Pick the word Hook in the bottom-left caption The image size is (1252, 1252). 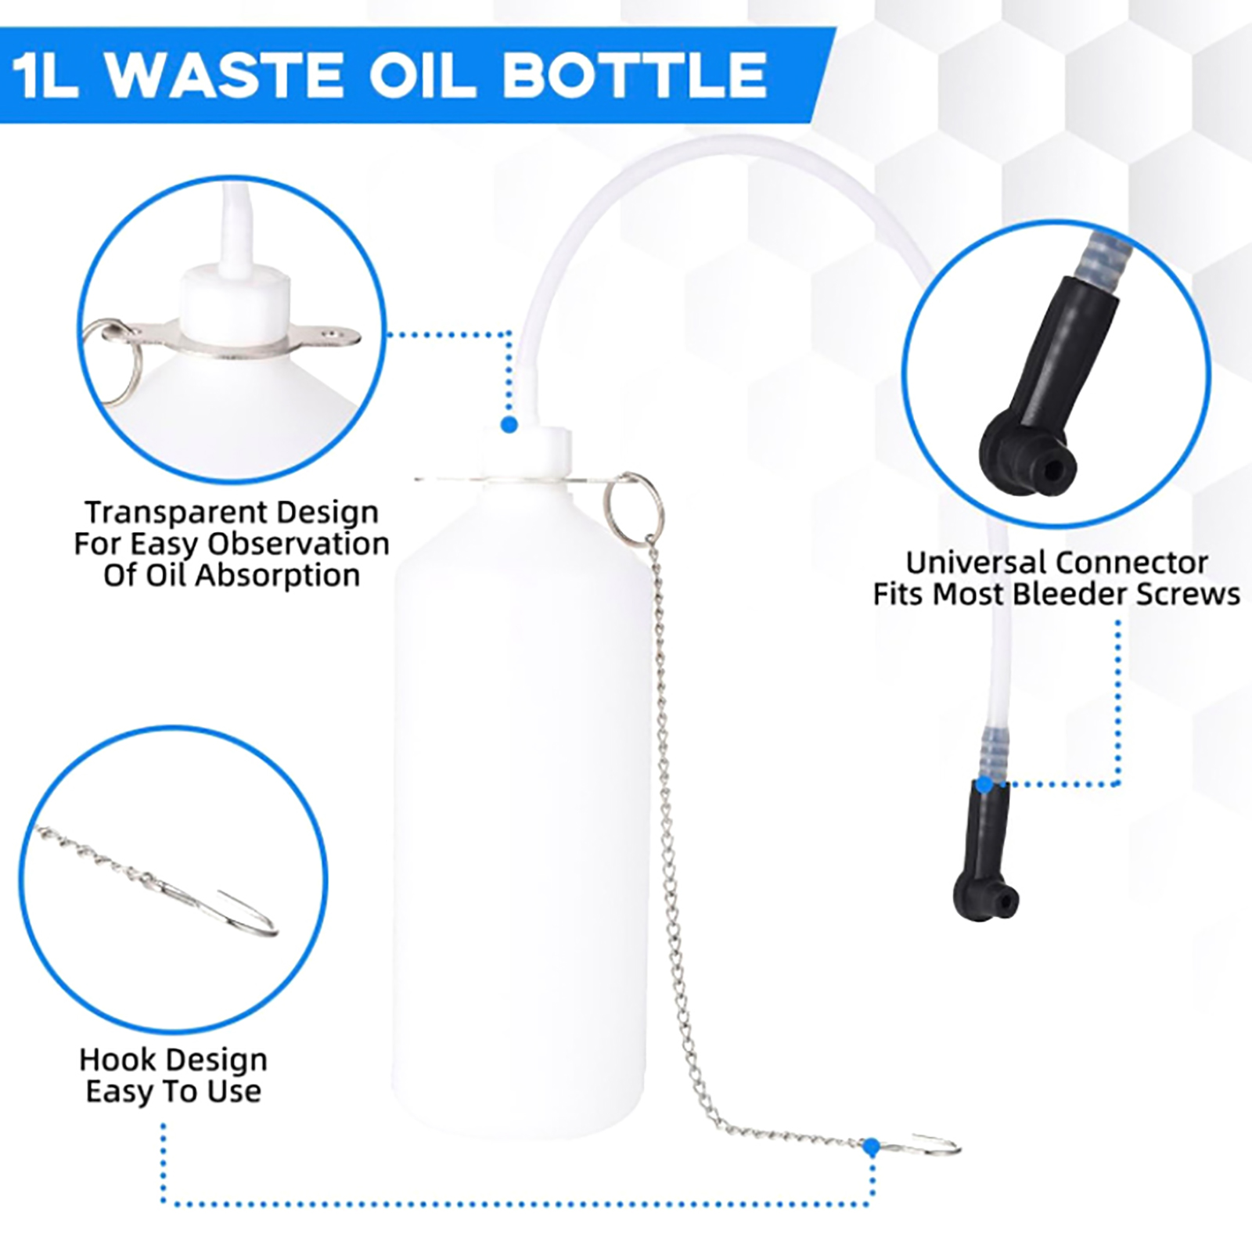pyautogui.click(x=114, y=1060)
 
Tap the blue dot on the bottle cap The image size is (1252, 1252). pyautogui.click(x=509, y=425)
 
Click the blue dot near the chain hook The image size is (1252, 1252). pyautogui.click(x=870, y=1148)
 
